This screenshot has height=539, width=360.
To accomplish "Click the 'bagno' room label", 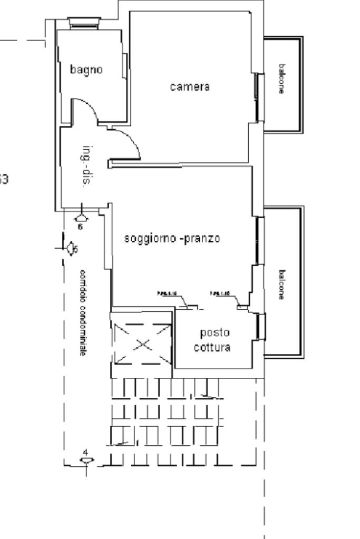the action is tap(86, 69).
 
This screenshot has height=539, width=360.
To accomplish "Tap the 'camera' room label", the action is tap(190, 87).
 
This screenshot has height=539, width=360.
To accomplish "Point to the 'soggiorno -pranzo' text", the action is tap(172, 238).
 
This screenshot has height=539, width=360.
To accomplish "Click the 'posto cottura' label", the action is tap(212, 340).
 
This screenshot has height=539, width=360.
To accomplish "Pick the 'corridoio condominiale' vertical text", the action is tap(82, 312).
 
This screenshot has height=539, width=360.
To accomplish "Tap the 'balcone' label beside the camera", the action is tap(282, 79).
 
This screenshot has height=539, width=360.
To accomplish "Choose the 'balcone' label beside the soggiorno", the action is tap(282, 285).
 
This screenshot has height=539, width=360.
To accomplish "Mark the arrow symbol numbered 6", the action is tap(81, 217).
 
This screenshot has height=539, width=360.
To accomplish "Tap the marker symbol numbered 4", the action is tap(86, 460).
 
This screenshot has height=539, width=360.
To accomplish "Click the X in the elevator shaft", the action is tap(142, 345).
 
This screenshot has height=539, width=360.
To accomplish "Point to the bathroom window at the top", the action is tap(84, 22).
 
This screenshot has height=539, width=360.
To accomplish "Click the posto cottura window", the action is tap(260, 327).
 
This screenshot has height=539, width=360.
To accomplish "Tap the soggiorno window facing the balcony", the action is tap(258, 240).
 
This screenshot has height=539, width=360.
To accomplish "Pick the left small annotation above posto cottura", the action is tap(167, 294).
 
